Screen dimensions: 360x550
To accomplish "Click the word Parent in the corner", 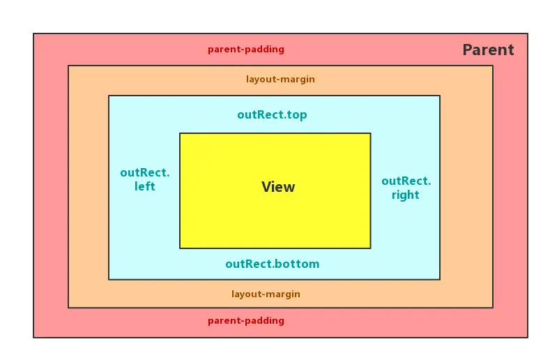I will pyautogui.click(x=488, y=50).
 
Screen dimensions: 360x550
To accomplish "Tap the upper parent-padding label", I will pyautogui.click(x=246, y=50).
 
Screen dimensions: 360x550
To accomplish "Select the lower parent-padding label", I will pyautogui.click(x=246, y=321).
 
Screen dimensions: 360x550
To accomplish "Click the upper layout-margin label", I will pyautogui.click(x=280, y=80).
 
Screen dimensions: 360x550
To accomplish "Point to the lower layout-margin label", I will pyautogui.click(x=266, y=294).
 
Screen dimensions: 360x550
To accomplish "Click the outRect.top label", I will pyautogui.click(x=272, y=115).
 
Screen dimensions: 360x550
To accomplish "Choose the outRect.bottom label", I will pyautogui.click(x=272, y=264).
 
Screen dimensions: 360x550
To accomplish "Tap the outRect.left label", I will pyautogui.click(x=145, y=180).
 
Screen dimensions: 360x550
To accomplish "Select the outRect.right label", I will pyautogui.click(x=406, y=188).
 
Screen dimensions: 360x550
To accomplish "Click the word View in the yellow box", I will pyautogui.click(x=278, y=187).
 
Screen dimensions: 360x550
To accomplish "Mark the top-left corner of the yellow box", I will pyautogui.click(x=180, y=133).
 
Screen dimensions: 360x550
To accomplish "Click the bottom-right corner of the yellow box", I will pyautogui.click(x=370, y=248).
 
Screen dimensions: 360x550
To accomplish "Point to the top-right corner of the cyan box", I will pyautogui.click(x=440, y=96).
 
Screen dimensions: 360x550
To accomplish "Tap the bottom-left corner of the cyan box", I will pyautogui.click(x=109, y=279).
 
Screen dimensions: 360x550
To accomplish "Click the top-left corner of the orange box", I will pyautogui.click(x=68, y=66).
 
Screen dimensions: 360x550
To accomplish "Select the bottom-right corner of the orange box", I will pyautogui.click(x=493, y=308).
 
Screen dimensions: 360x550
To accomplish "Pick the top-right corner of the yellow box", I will pyautogui.click(x=370, y=133).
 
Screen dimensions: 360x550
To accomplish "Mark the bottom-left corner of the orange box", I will pyautogui.click(x=68, y=308).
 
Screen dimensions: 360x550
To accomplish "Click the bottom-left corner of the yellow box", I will pyautogui.click(x=180, y=248).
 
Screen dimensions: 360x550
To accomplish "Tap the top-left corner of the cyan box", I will pyautogui.click(x=109, y=96).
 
